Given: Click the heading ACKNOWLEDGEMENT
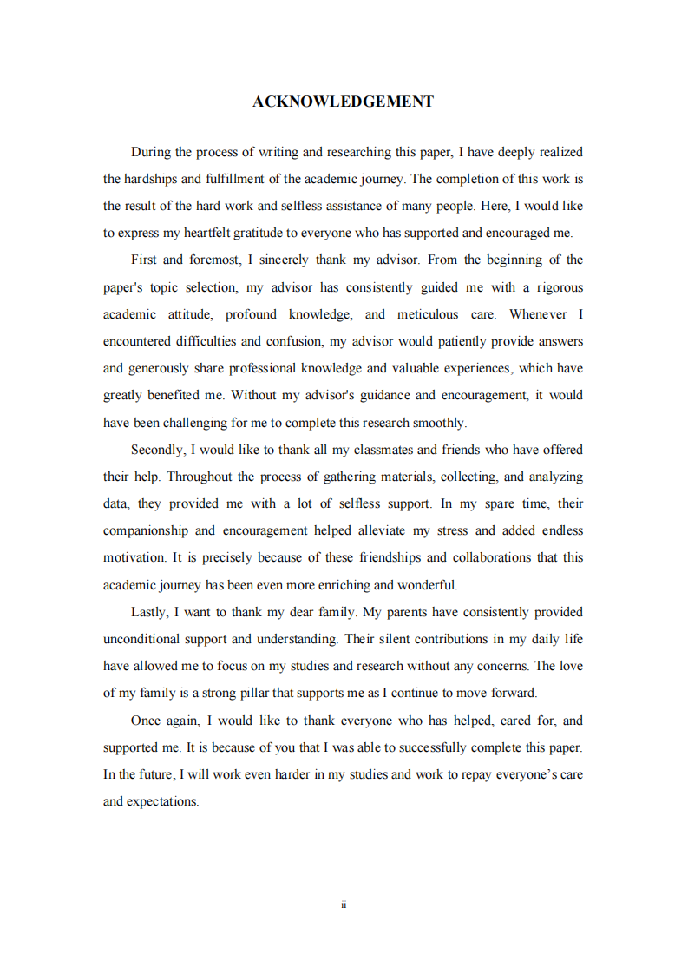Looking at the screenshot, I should coord(344,102).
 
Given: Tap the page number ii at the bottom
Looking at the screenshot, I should coord(344,905).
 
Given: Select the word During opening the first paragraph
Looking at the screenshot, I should coord(151,152).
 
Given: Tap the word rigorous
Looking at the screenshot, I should coord(556,286).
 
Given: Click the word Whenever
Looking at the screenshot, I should coord(538,313).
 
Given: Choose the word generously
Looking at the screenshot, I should coord(163,368).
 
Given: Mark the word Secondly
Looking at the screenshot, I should coord(157,450).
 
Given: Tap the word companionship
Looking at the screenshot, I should coord(145,530).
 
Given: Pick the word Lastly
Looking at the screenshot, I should coord(149,612).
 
